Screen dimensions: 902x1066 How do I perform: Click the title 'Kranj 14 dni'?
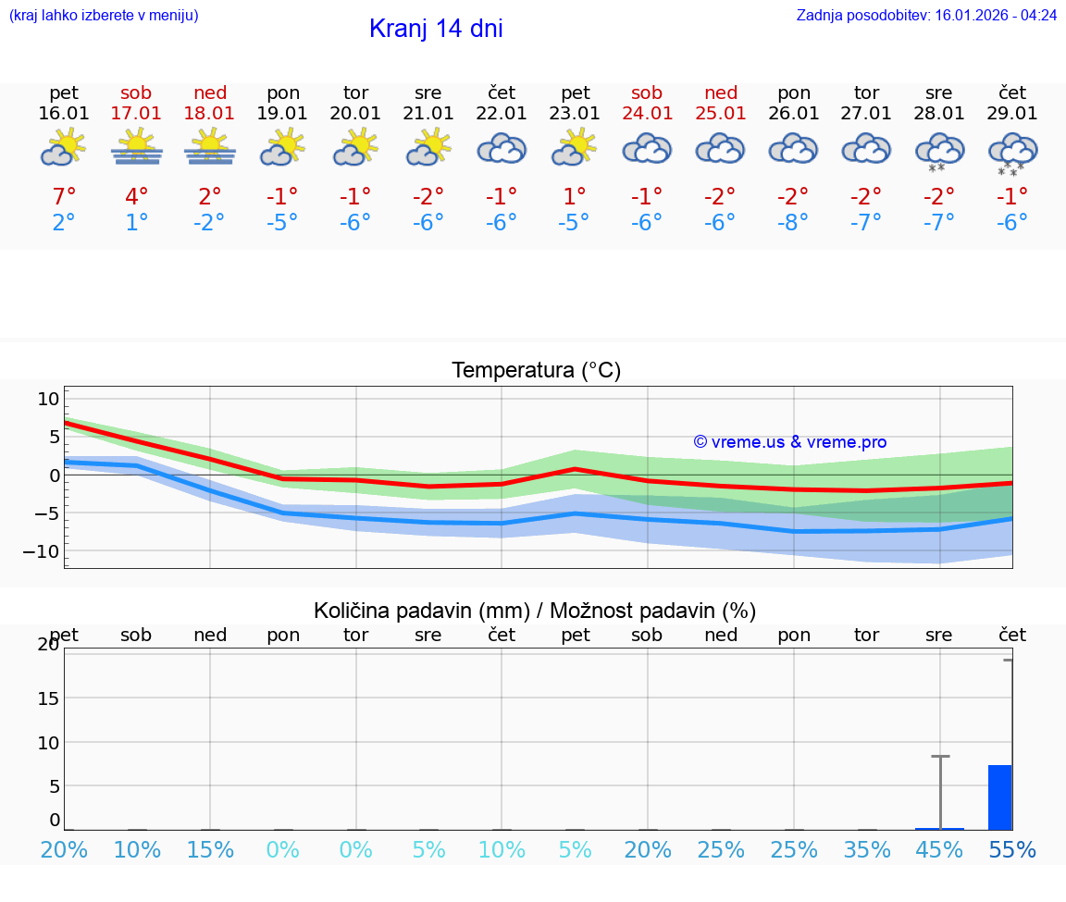pos(436,29)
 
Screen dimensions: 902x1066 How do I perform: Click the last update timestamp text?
pos(926,15)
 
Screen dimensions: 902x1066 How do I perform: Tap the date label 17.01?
pos(136,114)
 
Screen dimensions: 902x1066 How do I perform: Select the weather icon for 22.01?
pos(502,150)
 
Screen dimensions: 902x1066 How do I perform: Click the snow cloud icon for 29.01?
pos(1013,153)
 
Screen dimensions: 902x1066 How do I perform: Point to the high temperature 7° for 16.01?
pos(64,197)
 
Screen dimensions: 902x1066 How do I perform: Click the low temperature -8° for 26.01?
pos(794,223)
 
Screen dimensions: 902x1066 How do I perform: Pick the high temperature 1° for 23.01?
pos(575,197)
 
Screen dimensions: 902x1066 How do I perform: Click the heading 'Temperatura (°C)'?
pos(536,371)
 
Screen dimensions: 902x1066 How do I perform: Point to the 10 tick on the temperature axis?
pos(48,399)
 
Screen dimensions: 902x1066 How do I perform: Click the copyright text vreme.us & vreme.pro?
pos(790,442)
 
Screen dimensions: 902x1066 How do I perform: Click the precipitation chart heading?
pos(535,611)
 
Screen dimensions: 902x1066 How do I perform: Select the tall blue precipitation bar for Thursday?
pos(1000,797)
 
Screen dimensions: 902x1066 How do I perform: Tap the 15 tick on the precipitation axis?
pos(48,698)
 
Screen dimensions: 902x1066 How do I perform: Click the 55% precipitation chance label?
pos(1012,850)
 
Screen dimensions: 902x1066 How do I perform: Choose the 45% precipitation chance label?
pos(939,850)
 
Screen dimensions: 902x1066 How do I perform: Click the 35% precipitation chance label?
pos(867,850)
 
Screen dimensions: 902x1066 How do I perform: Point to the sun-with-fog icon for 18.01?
pos(210,148)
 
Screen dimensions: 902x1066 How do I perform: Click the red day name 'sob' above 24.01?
pos(647,93)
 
